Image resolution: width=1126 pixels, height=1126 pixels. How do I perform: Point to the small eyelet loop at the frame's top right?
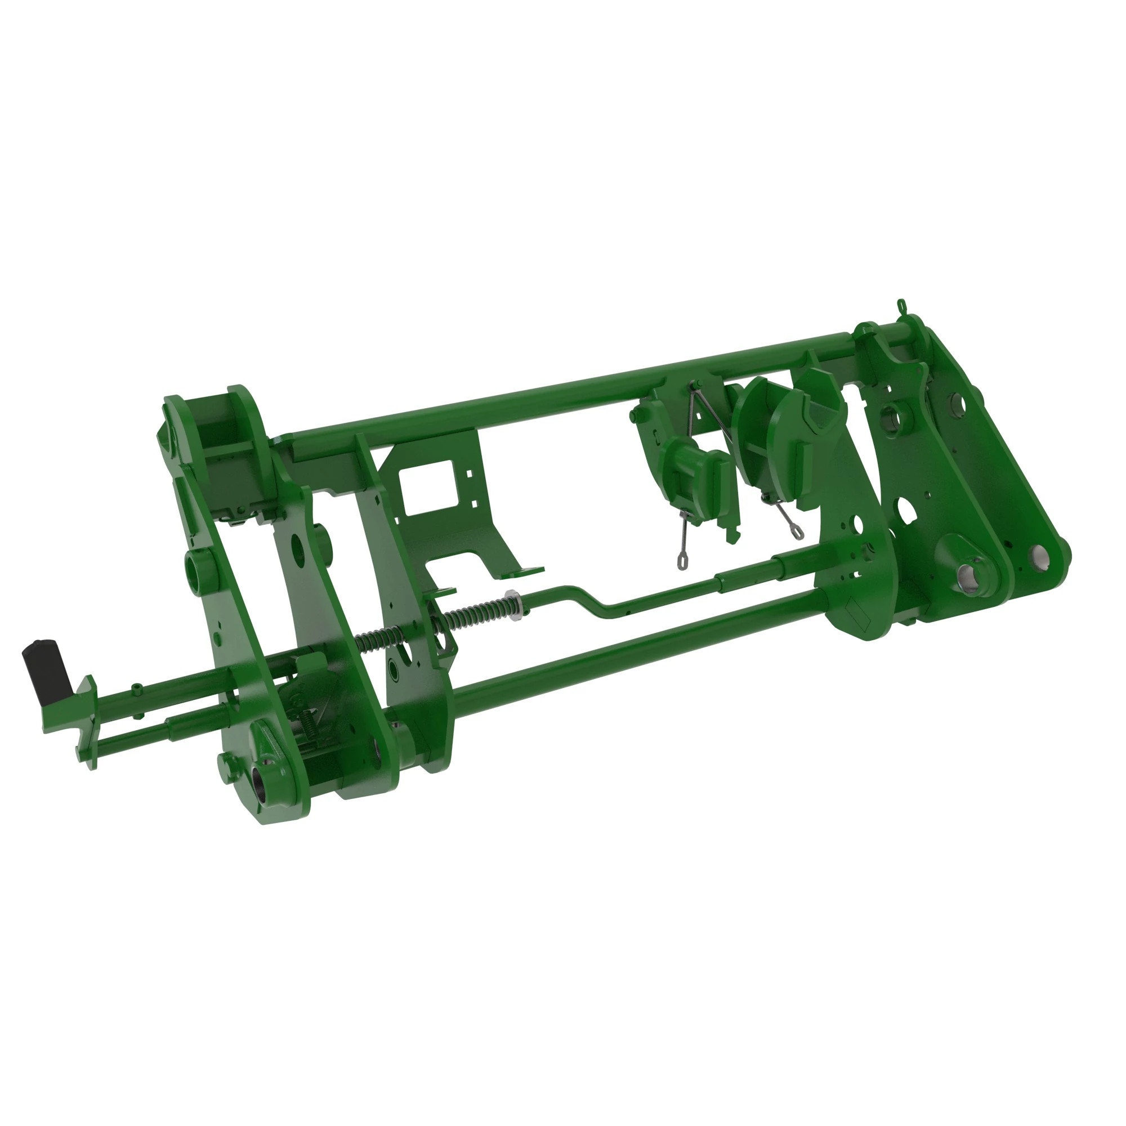[x=901, y=304]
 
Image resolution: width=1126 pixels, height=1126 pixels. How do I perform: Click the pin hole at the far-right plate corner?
[x=1037, y=554]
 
